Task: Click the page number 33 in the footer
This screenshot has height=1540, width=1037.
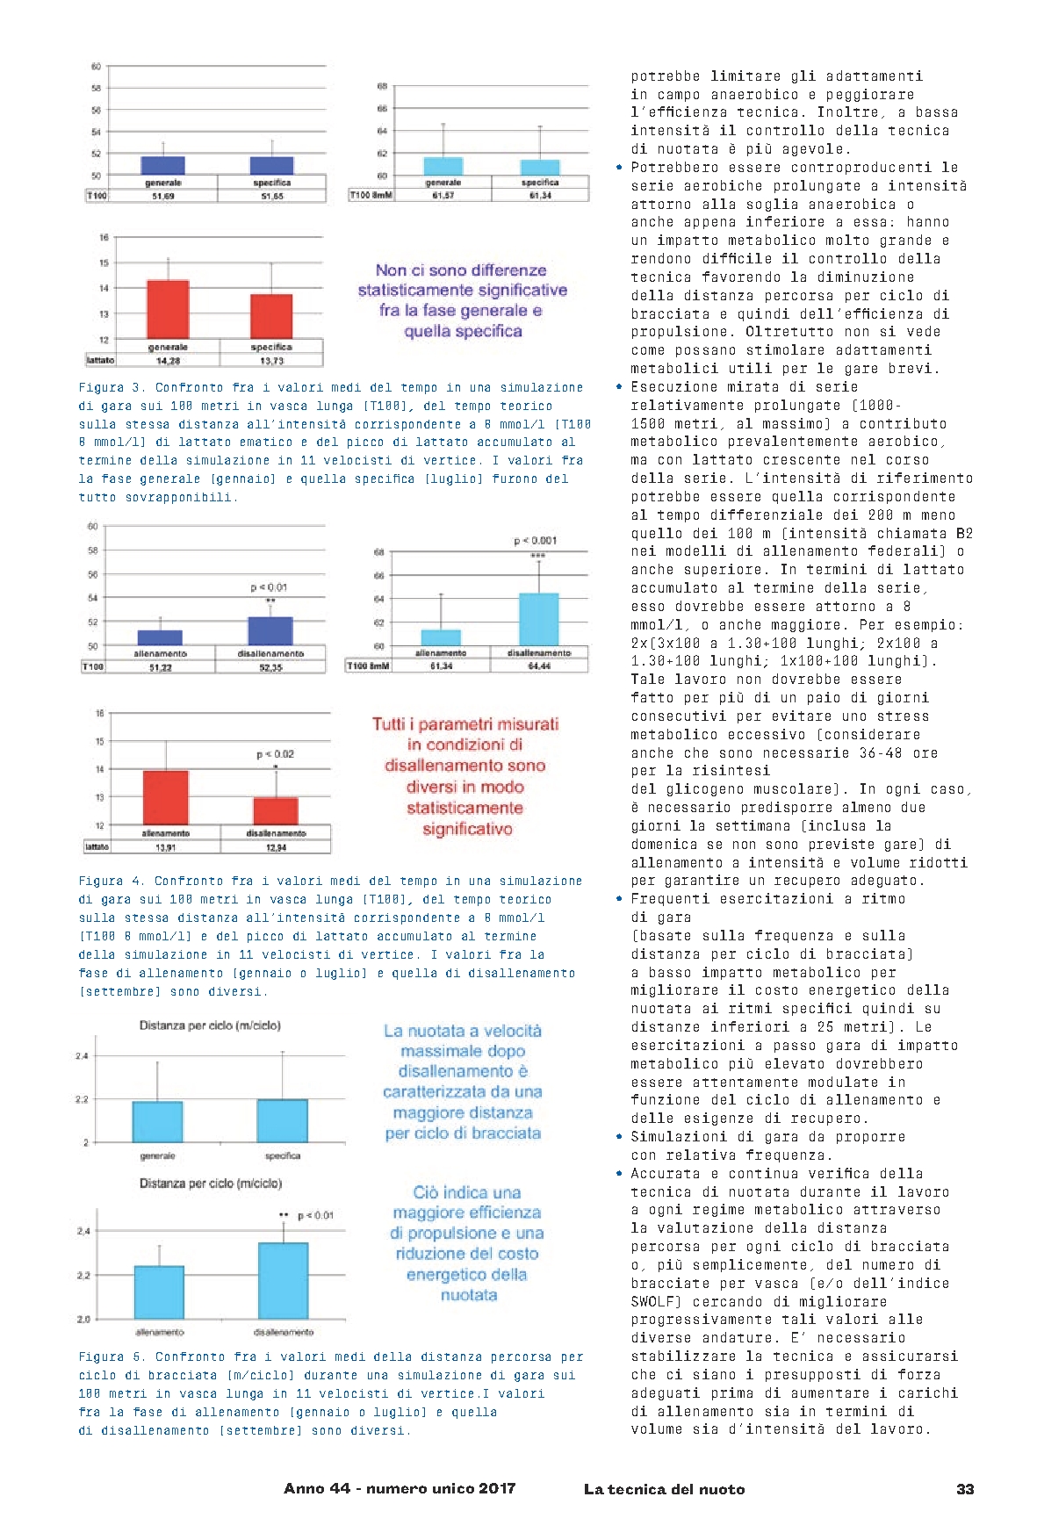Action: point(964,1489)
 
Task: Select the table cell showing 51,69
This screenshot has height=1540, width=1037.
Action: point(162,196)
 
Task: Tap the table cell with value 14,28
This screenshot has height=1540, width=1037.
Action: point(167,360)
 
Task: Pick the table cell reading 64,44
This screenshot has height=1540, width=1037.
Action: point(538,666)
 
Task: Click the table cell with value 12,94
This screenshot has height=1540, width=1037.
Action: point(276,847)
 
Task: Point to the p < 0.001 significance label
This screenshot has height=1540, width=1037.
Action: point(535,541)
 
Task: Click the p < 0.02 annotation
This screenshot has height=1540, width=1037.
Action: point(275,754)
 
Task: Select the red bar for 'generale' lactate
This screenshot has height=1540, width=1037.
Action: point(168,310)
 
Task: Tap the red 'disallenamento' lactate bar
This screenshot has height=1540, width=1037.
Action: point(276,810)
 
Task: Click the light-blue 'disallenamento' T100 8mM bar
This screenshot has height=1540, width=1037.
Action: point(538,619)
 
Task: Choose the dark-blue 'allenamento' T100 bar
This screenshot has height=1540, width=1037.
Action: point(160,637)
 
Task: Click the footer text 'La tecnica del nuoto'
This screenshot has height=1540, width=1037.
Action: point(664,1489)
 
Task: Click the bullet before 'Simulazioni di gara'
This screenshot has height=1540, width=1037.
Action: point(619,1137)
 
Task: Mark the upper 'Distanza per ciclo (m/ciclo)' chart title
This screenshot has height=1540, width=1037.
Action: point(210,1025)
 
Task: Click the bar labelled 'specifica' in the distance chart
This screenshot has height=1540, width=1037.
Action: point(282,1120)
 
